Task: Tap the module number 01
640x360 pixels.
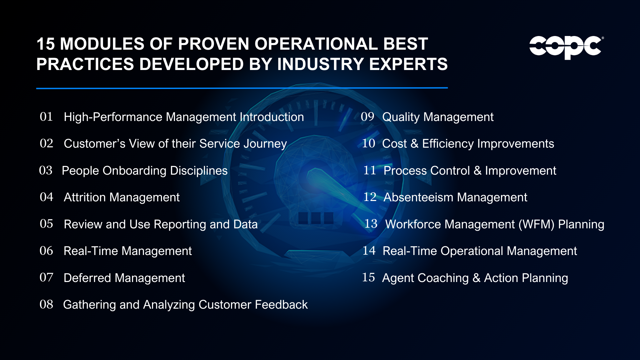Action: click(46, 117)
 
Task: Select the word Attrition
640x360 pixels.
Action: click(85, 197)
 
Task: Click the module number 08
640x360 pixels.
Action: click(46, 304)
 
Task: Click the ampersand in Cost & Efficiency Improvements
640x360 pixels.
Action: click(414, 144)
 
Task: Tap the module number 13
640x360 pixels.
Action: click(371, 224)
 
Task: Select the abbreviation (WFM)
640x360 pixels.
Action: click(536, 224)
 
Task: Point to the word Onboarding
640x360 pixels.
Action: click(134, 171)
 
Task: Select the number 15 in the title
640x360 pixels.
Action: click(46, 44)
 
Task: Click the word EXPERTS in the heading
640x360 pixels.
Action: click(408, 64)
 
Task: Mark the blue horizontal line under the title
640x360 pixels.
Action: click(242, 88)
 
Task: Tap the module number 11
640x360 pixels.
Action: click(370, 170)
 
